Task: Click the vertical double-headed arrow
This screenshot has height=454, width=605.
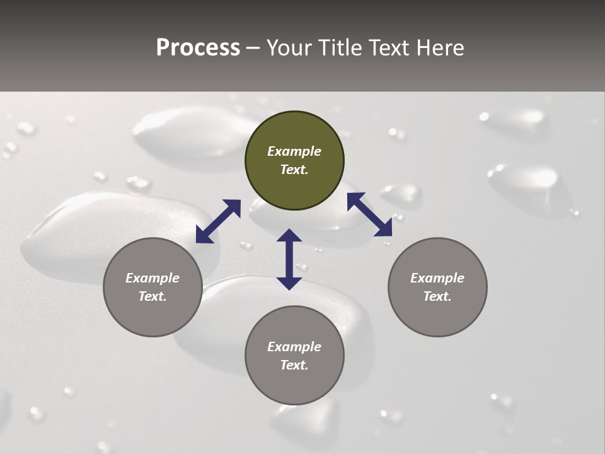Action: click(289, 259)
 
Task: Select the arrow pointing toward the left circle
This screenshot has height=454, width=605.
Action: click(218, 221)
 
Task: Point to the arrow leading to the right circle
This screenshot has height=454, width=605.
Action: click(370, 214)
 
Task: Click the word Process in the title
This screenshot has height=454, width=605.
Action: click(198, 47)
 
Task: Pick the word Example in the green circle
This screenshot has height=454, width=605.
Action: click(294, 151)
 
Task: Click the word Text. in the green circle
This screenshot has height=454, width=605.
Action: click(294, 170)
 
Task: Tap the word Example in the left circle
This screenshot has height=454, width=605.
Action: click(153, 278)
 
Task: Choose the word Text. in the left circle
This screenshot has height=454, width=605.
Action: click(153, 296)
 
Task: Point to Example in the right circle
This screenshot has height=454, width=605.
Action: click(437, 278)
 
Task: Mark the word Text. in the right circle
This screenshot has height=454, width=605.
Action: click(437, 296)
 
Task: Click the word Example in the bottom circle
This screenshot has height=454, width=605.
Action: click(294, 347)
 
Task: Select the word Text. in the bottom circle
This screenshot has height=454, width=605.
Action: click(294, 365)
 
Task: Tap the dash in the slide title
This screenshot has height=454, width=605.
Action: click(253, 49)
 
